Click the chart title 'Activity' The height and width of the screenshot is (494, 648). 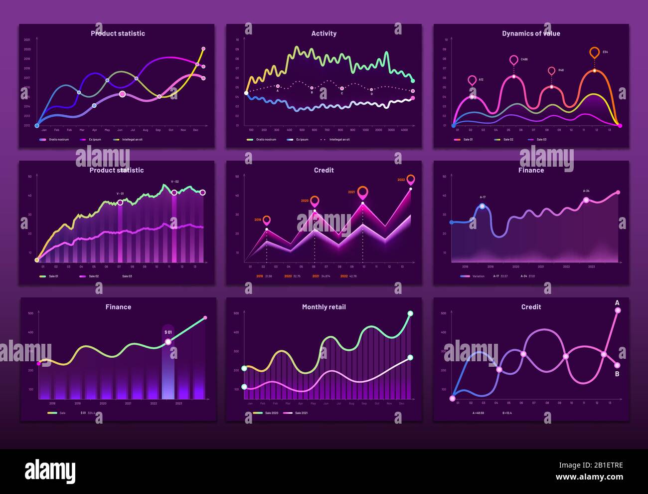point(324,33)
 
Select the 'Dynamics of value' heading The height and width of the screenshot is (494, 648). point(531,33)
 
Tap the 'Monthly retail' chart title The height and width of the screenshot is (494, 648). point(324,307)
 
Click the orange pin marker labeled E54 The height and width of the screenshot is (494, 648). point(594,52)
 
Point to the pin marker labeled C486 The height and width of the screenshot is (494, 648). point(514,60)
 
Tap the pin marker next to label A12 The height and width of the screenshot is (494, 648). point(472,80)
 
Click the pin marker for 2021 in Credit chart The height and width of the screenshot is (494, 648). point(363,191)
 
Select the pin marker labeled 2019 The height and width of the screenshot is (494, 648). point(267,220)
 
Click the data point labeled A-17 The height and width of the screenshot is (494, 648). point(482,206)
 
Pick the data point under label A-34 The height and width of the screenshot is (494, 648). point(586,200)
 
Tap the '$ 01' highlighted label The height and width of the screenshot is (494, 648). point(168,332)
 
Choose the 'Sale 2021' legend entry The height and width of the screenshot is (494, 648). point(297,413)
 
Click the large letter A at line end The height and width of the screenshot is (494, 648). point(617,303)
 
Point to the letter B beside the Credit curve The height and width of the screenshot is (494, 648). point(617,374)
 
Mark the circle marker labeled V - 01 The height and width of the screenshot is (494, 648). point(120,202)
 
